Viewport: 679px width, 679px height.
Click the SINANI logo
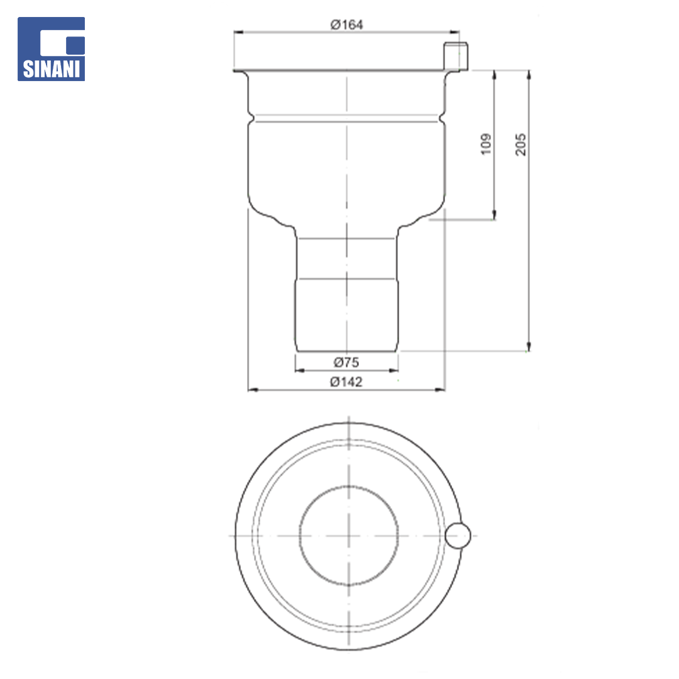pyautogui.click(x=51, y=49)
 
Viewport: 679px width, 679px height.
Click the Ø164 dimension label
pyautogui.click(x=346, y=25)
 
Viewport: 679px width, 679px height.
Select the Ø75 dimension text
pyautogui.click(x=346, y=362)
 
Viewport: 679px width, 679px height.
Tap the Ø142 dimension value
pyautogui.click(x=346, y=382)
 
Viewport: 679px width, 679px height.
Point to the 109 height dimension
pyautogui.click(x=486, y=144)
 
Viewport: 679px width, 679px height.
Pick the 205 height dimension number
pyautogui.click(x=521, y=144)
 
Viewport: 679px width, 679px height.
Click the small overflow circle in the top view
pyautogui.click(x=458, y=536)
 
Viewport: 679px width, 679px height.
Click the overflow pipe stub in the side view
pyautogui.click(x=456, y=56)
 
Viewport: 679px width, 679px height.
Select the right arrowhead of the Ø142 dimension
pyautogui.click(x=440, y=390)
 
